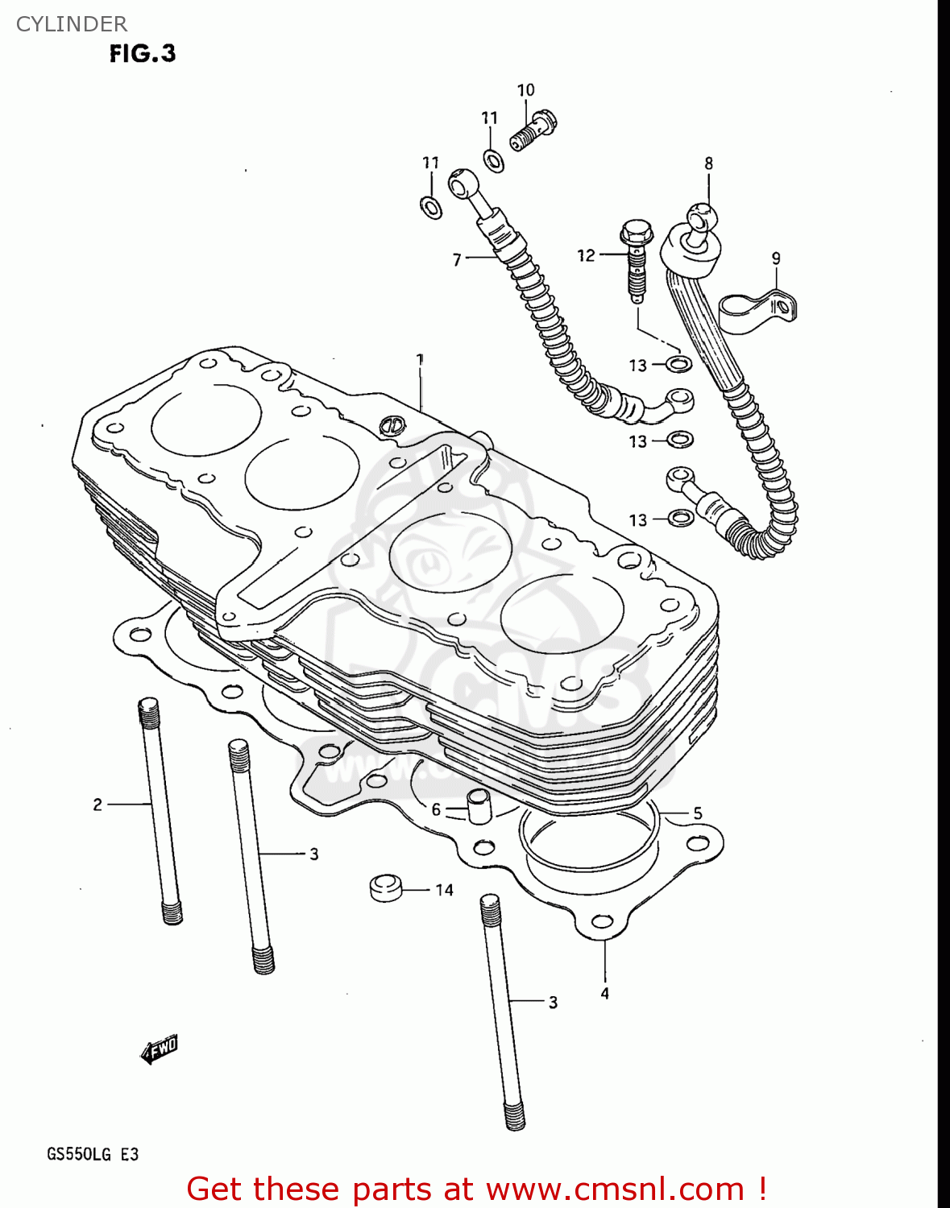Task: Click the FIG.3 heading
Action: click(143, 54)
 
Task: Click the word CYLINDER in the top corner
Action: click(72, 24)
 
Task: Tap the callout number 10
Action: click(525, 90)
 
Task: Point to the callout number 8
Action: click(708, 163)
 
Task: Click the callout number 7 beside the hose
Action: click(457, 259)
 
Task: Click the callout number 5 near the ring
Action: click(698, 813)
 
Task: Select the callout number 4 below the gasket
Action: click(604, 994)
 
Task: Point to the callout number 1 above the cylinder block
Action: click(420, 359)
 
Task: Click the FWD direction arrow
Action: click(160, 1049)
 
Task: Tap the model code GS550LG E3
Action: click(93, 1154)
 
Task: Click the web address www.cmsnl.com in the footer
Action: click(615, 1189)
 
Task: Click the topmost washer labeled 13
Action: click(679, 364)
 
